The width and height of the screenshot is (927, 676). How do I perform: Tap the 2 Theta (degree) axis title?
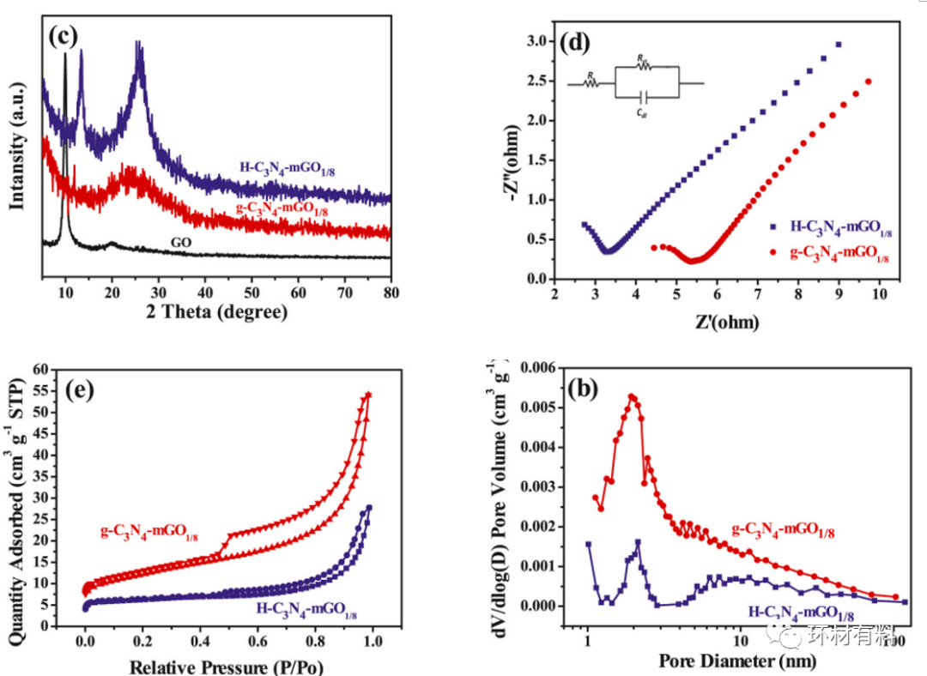pyautogui.click(x=217, y=312)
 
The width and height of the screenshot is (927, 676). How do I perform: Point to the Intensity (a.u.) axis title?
pyautogui.click(x=16, y=142)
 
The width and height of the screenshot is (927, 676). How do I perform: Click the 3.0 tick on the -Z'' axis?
pyautogui.click(x=538, y=41)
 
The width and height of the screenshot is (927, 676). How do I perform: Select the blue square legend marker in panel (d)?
pyautogui.click(x=772, y=227)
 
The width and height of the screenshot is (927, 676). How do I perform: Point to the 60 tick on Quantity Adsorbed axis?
pyautogui.click(x=41, y=369)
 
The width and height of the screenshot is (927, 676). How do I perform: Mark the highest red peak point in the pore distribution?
pyautogui.click(x=631, y=396)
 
